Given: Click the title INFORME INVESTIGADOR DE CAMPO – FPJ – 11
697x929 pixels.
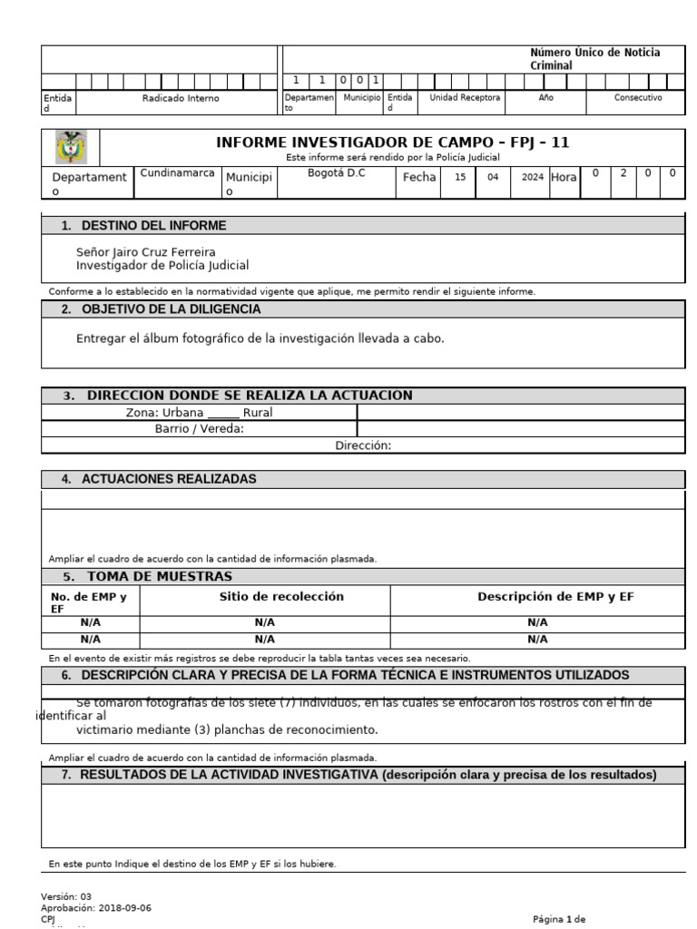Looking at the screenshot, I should click(392, 142).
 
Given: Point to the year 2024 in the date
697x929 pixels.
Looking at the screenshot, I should click(532, 178).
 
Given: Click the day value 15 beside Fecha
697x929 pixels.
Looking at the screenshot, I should click(460, 178).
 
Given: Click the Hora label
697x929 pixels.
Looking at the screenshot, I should click(564, 178).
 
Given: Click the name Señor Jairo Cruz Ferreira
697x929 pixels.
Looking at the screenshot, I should click(146, 251).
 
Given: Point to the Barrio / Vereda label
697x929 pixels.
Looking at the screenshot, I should click(199, 429).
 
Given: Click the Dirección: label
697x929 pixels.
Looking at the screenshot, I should click(363, 445).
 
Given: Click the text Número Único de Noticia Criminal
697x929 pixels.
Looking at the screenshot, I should click(594, 59).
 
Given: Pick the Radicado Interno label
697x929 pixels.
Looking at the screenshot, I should click(181, 98).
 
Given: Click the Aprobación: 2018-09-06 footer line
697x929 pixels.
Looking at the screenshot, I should click(96, 907).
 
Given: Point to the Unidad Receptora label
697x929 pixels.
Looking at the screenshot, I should click(465, 97).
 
